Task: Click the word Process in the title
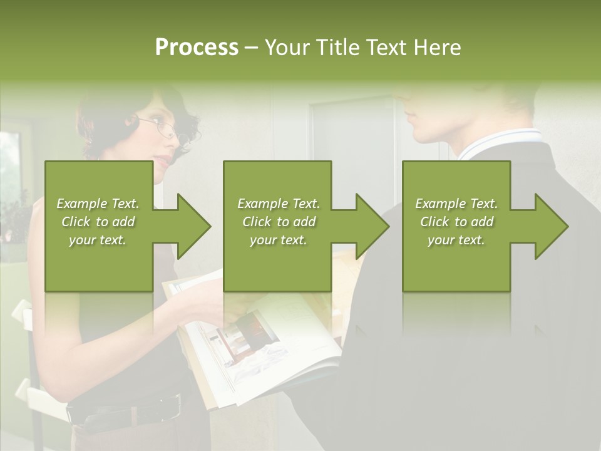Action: point(197,48)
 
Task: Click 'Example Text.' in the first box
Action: point(98,204)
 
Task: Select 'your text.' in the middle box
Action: point(278,240)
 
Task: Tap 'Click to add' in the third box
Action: point(456,222)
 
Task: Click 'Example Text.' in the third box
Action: point(456,204)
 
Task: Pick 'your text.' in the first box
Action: point(98,240)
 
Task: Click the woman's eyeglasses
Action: point(164,129)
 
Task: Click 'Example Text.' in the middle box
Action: point(278,204)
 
